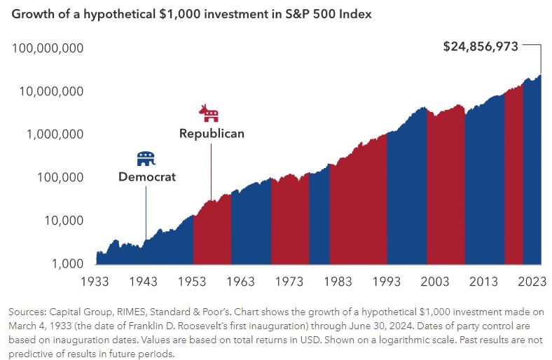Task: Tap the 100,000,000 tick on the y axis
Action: click(x=48, y=48)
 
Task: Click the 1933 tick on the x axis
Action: click(x=95, y=282)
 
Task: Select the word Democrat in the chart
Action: click(x=147, y=177)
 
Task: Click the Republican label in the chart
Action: click(x=212, y=133)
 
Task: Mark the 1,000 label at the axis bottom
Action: click(x=68, y=263)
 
